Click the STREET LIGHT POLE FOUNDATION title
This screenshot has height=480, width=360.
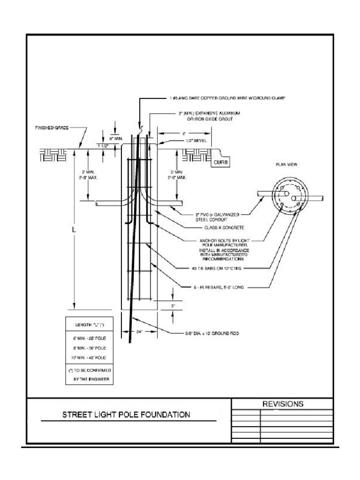pos(127,414)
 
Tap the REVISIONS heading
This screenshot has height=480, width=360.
pos(282,404)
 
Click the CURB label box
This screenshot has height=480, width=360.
pos(220,162)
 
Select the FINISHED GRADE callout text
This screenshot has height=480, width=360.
pos(52,127)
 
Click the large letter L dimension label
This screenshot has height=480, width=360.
pos(73,231)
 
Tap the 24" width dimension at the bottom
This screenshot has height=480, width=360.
pos(139,331)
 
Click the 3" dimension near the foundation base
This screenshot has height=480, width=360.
pos(173,305)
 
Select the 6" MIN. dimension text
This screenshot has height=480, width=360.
pos(116,139)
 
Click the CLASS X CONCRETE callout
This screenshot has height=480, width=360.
pos(217,227)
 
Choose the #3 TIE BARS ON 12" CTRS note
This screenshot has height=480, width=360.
pos(223,269)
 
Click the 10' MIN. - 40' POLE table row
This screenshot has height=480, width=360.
pos(89,358)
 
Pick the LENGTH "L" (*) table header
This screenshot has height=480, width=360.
pos(89,324)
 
